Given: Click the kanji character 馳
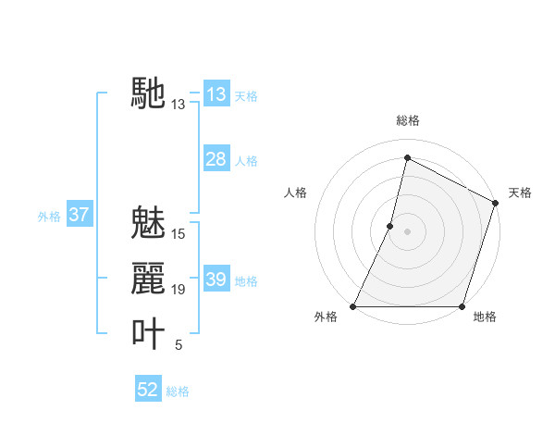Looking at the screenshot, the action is tap(148, 93).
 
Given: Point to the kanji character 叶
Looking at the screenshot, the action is tap(148, 333).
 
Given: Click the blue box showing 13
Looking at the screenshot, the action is tap(216, 94).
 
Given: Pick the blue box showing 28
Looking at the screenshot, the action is tap(216, 159).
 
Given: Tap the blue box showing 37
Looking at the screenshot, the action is tap(79, 216).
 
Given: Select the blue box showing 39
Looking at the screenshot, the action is tap(216, 280).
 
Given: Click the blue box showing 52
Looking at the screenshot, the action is tap(148, 390).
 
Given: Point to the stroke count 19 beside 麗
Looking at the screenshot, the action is tap(179, 290).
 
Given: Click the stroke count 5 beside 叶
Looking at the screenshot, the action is tap(179, 345).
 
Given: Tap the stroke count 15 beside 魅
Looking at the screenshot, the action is tap(179, 234).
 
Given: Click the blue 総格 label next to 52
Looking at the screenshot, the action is tap(178, 391).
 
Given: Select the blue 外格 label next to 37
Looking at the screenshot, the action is tap(49, 217).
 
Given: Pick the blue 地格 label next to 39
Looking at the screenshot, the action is tap(246, 281).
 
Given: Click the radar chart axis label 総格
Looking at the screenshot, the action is tap(407, 120).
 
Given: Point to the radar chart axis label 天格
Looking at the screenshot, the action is tap(520, 193).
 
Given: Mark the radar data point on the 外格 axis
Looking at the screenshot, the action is tap(353, 306).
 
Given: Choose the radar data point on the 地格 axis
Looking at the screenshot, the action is tap(462, 306).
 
